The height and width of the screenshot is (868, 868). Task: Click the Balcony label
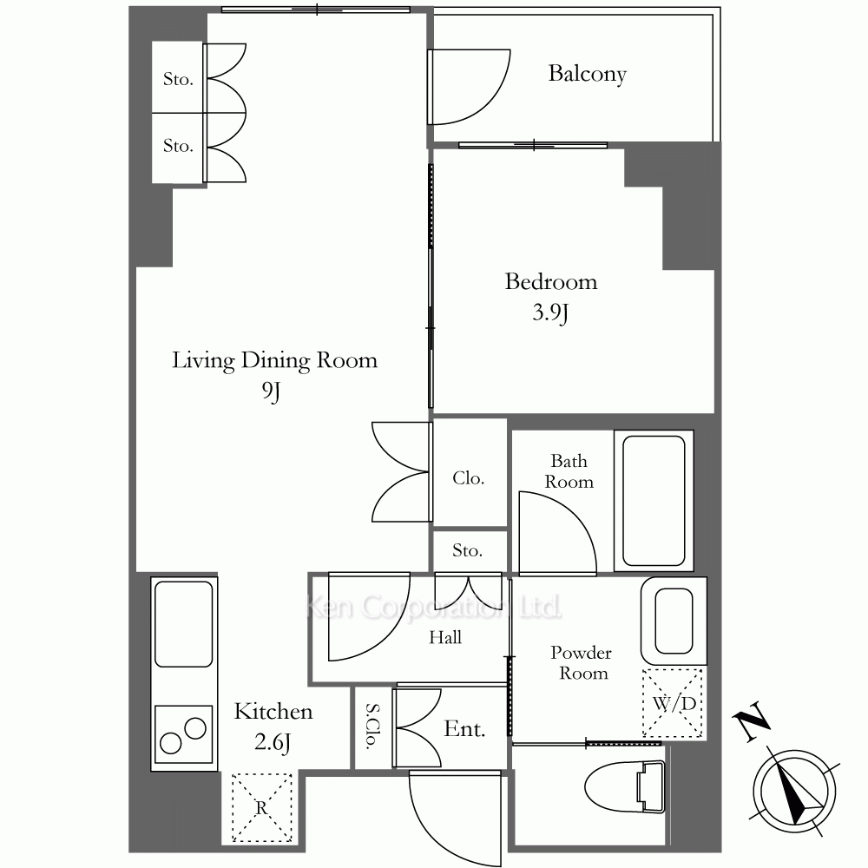[588, 74]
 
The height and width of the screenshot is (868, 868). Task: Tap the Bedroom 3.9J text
[551, 297]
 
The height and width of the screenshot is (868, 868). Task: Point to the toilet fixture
[625, 786]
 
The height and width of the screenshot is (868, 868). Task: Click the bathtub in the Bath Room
[654, 501]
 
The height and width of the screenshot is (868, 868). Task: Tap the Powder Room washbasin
[674, 621]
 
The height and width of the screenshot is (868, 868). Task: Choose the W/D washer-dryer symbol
[674, 704]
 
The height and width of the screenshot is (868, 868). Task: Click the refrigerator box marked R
[262, 807]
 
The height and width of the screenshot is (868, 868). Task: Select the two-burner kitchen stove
[183, 734]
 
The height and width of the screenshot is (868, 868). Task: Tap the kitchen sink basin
[184, 624]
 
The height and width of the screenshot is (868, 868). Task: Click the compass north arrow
[794, 792]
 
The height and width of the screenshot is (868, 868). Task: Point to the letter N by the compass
[751, 721]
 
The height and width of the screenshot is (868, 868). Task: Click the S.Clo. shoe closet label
[372, 726]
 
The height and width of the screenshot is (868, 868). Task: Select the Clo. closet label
[469, 477]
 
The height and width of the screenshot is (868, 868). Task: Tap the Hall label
[445, 637]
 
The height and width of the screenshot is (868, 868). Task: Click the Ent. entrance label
[464, 729]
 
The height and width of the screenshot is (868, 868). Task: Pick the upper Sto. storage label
[178, 79]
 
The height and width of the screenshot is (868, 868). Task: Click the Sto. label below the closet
[467, 550]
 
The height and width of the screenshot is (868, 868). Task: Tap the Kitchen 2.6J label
[273, 727]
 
